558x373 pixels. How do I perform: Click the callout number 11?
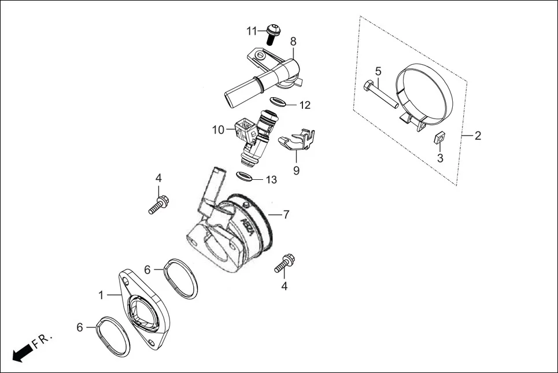pos(251,30)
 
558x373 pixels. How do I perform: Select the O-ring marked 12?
pos(278,103)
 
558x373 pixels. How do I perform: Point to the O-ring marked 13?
pos(244,176)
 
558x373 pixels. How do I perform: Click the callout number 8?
pos(293,41)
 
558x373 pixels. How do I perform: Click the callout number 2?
pos(478,136)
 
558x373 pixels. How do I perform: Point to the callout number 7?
pos(286,215)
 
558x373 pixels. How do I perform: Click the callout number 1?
pos(101,295)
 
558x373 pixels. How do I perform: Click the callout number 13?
pos(271,180)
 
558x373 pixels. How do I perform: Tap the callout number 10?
pos(218,130)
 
